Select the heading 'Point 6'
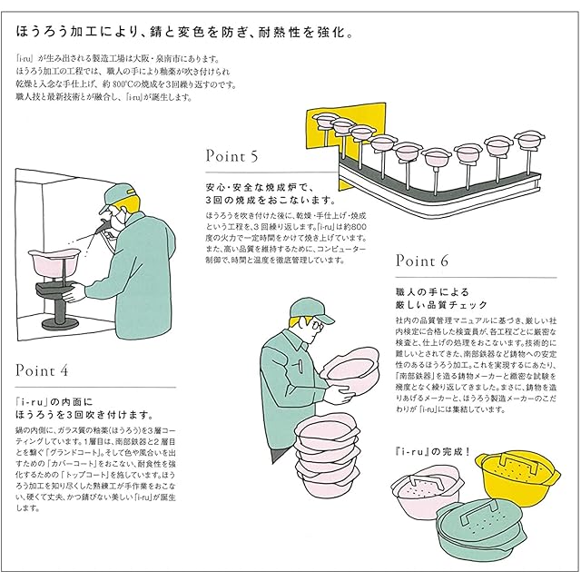tap(423, 261)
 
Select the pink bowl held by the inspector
tap(350, 367)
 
